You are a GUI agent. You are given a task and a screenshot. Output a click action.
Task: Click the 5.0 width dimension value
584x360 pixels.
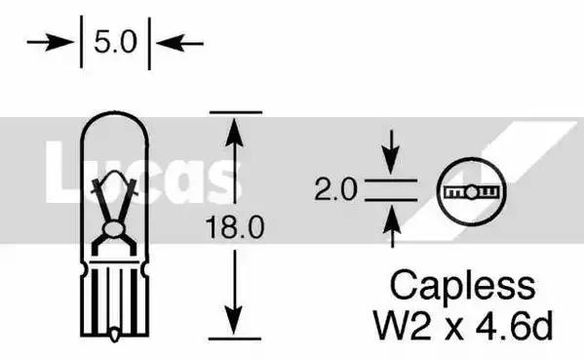click(115, 42)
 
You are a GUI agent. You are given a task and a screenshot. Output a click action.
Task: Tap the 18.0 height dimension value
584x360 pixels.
click(235, 227)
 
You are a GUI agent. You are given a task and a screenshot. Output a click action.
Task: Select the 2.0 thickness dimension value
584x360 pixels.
click(335, 189)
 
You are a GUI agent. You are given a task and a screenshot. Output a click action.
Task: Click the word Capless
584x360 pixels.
click(462, 287)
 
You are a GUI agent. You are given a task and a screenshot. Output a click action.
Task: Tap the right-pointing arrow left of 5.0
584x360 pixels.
click(51, 42)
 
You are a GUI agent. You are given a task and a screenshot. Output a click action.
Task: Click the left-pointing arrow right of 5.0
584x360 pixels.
click(179, 43)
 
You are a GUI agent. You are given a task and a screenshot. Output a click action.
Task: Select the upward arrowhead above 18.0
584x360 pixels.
click(234, 132)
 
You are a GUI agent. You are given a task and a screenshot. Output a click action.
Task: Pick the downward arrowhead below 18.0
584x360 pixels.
click(234, 320)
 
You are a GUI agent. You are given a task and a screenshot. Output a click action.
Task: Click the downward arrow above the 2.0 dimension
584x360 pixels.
click(391, 152)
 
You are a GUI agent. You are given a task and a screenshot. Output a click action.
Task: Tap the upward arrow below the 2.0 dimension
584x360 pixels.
click(392, 226)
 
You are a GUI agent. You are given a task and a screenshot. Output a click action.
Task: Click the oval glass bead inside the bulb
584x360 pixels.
click(114, 229)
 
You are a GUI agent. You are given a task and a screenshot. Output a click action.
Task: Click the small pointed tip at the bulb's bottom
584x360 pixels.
click(115, 335)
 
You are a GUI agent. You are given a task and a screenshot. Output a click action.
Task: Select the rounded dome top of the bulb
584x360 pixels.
click(114, 112)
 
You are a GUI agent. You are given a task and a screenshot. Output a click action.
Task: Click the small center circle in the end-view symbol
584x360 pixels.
click(471, 192)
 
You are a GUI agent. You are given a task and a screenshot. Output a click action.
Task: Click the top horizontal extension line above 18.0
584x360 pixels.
click(236, 112)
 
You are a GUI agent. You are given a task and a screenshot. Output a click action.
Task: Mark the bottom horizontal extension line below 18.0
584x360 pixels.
click(235, 339)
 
